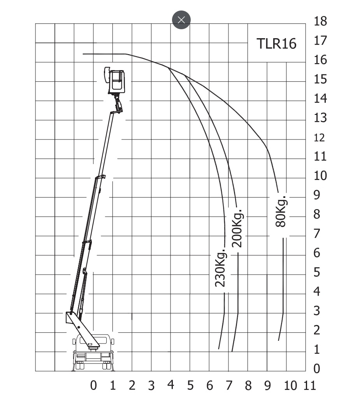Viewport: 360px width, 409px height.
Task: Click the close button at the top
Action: point(181,20)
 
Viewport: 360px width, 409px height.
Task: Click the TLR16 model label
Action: point(277,44)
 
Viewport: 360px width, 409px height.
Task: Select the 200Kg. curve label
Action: point(237,228)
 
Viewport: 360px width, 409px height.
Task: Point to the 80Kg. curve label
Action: point(281,211)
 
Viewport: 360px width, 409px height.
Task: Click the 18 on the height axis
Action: point(320,21)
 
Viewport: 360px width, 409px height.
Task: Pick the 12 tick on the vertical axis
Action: point(320,138)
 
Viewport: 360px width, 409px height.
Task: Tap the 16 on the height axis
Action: point(320,60)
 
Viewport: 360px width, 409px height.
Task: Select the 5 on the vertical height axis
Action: point(317,272)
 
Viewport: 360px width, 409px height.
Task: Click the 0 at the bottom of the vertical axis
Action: point(317,368)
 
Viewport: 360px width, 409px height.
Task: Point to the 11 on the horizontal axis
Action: point(310,386)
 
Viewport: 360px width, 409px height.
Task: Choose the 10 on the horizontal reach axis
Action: point(290,386)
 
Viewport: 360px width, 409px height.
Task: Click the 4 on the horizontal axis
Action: point(171,384)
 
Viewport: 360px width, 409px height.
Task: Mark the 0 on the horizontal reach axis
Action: point(93,385)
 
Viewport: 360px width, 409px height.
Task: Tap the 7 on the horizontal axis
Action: point(229,386)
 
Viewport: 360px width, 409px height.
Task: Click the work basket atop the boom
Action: point(115,81)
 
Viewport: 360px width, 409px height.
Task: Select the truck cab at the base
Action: point(93,352)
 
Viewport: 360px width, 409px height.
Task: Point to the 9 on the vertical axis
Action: point(317,195)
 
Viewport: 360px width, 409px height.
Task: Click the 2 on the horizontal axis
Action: point(132,386)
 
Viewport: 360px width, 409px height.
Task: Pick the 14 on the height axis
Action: point(320,98)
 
